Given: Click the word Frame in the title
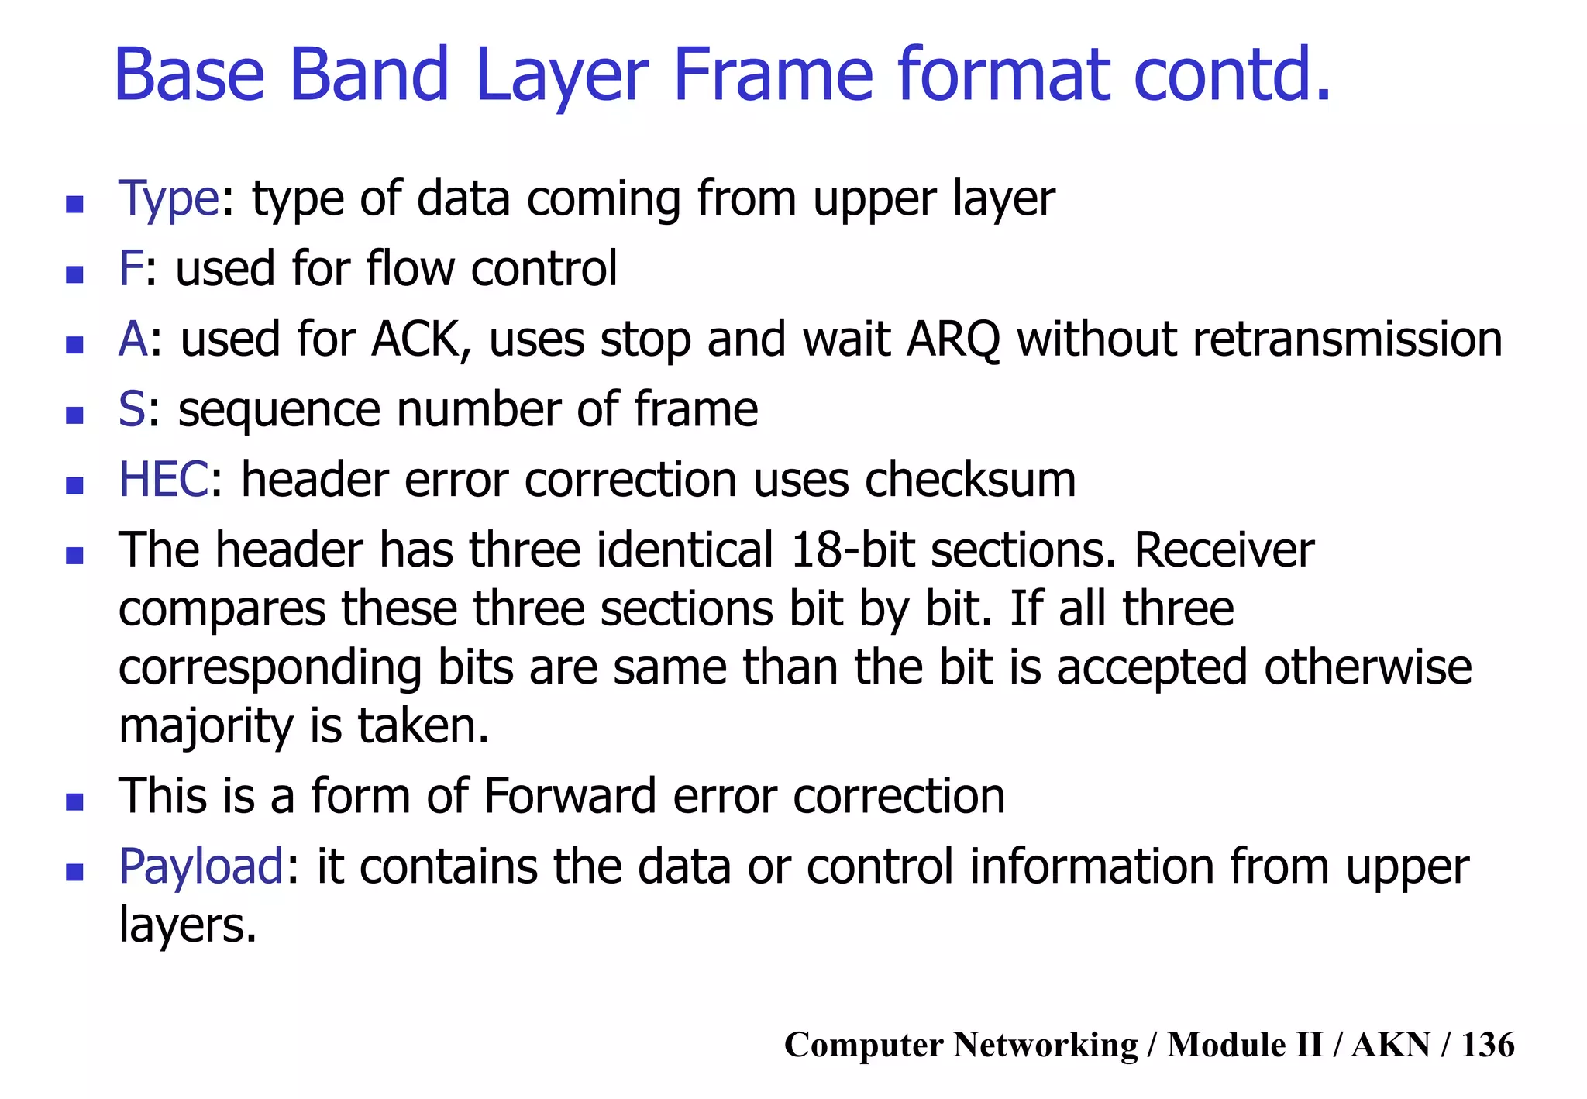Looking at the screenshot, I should [x=773, y=75].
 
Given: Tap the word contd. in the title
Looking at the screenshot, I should [x=1231, y=75].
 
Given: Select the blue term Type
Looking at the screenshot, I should [x=169, y=199].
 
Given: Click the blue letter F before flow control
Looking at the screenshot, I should [x=130, y=269].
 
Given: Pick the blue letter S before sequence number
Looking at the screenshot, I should [x=131, y=410].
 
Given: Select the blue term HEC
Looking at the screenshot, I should [x=164, y=480].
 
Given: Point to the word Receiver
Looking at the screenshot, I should [x=1224, y=550].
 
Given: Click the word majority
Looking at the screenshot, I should [x=206, y=727].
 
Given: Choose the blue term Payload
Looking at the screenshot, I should [x=201, y=866].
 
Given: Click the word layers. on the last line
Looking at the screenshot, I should [x=187, y=925].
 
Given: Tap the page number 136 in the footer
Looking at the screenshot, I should [x=1487, y=1045].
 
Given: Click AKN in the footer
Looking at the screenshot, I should [x=1391, y=1045].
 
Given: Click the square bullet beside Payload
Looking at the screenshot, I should [x=74, y=873].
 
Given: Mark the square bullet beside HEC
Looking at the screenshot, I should [x=74, y=486].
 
